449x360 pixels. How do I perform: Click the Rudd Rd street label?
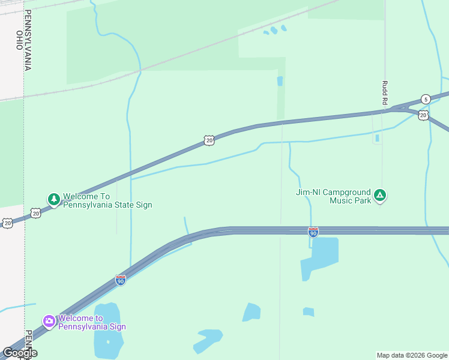(384, 94)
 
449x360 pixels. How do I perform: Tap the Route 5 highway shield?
(426, 99)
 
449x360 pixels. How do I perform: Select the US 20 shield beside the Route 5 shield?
(423, 115)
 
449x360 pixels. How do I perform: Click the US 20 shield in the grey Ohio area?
(7, 223)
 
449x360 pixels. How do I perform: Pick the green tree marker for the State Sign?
(54, 199)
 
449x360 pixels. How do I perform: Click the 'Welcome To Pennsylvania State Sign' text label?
(107, 200)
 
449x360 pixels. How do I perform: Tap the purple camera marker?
(49, 322)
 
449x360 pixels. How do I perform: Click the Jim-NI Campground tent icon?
(379, 195)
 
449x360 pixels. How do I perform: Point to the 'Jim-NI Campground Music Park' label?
(334, 196)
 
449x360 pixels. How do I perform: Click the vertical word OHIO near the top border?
(19, 41)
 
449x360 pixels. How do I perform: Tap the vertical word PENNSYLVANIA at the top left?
(28, 40)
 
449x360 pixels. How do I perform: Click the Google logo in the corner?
(20, 353)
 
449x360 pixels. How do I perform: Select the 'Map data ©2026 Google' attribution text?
(412, 355)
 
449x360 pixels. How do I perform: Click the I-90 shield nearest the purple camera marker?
(121, 280)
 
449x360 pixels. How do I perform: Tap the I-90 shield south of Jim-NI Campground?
(313, 232)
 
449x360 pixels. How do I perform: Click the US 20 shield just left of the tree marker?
(36, 213)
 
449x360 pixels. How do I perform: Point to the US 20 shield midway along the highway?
(208, 140)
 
